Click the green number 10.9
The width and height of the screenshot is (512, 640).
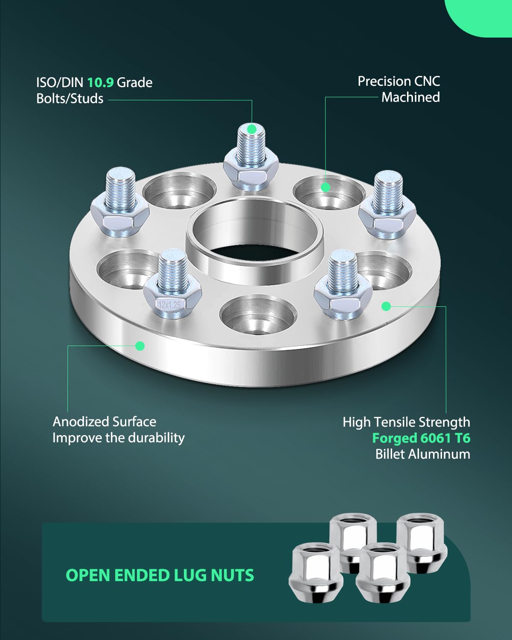[x=100, y=83]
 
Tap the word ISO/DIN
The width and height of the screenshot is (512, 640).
[x=59, y=83]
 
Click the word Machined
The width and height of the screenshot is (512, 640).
[x=410, y=97]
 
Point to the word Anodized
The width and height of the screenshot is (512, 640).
[x=81, y=422]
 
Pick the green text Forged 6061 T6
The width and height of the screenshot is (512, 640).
[x=421, y=438]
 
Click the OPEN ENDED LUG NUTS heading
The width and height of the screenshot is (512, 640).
[x=160, y=576]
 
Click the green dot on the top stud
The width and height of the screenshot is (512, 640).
[x=252, y=129]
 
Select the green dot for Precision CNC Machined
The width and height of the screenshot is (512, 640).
[x=326, y=187]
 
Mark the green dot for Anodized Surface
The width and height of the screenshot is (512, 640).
[x=140, y=346]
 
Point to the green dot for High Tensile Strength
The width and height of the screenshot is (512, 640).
[x=386, y=306]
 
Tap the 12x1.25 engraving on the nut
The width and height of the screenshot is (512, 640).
[x=170, y=305]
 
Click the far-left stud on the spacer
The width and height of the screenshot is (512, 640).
[x=120, y=202]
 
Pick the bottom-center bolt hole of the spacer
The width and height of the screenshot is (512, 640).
[x=258, y=314]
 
